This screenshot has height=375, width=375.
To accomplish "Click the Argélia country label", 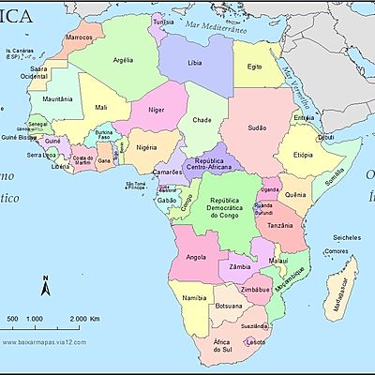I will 123,59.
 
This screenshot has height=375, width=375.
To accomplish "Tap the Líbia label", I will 194,63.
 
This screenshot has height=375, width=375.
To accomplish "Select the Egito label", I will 254,67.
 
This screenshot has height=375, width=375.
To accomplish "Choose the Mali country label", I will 101,107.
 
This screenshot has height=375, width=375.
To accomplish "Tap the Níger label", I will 157,110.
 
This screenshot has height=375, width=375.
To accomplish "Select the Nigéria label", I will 146,147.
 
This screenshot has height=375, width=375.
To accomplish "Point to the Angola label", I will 196,256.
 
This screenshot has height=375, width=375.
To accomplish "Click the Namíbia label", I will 194,297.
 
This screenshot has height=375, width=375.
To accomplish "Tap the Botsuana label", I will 229,306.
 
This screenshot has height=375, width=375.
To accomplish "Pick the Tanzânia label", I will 288,226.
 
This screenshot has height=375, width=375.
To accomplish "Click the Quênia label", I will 294,195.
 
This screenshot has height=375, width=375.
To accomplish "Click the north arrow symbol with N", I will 44,286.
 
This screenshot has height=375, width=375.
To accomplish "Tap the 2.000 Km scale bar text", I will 85,320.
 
